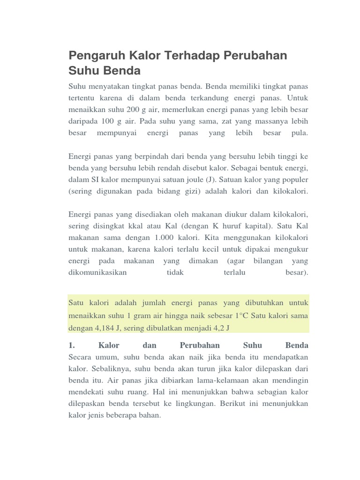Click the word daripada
83,121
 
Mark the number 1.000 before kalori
166,237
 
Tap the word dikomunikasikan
97,272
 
